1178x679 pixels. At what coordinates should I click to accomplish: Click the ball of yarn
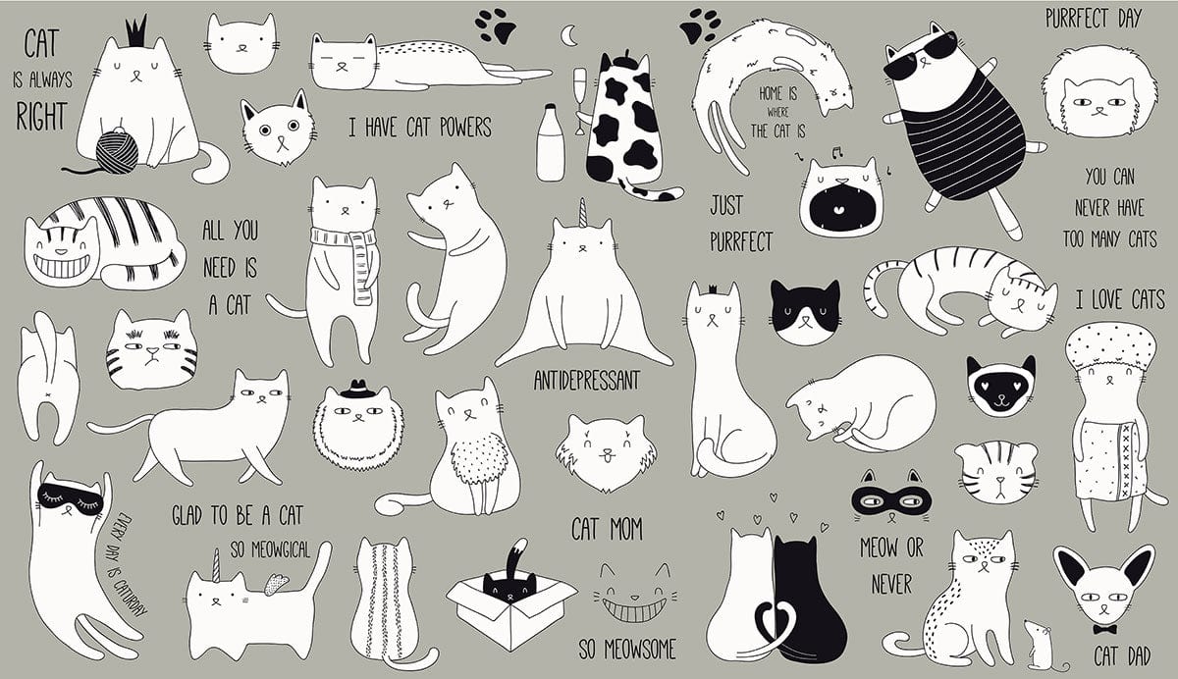(117, 152)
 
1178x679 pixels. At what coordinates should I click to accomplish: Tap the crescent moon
(568, 35)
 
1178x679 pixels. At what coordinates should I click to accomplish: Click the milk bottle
(551, 142)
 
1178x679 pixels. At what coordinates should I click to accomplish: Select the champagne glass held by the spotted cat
(579, 100)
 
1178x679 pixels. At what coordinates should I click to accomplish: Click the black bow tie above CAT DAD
(1104, 629)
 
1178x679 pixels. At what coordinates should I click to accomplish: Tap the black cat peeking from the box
(509, 586)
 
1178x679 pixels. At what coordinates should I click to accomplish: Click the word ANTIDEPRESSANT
(587, 381)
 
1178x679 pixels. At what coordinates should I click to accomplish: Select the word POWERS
(465, 128)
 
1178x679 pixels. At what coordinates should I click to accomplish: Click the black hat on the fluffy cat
(357, 389)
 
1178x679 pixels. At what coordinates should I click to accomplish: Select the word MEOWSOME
(640, 650)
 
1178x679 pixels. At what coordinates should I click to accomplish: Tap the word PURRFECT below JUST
(741, 241)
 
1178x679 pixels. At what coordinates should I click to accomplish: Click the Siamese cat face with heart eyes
(1000, 386)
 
